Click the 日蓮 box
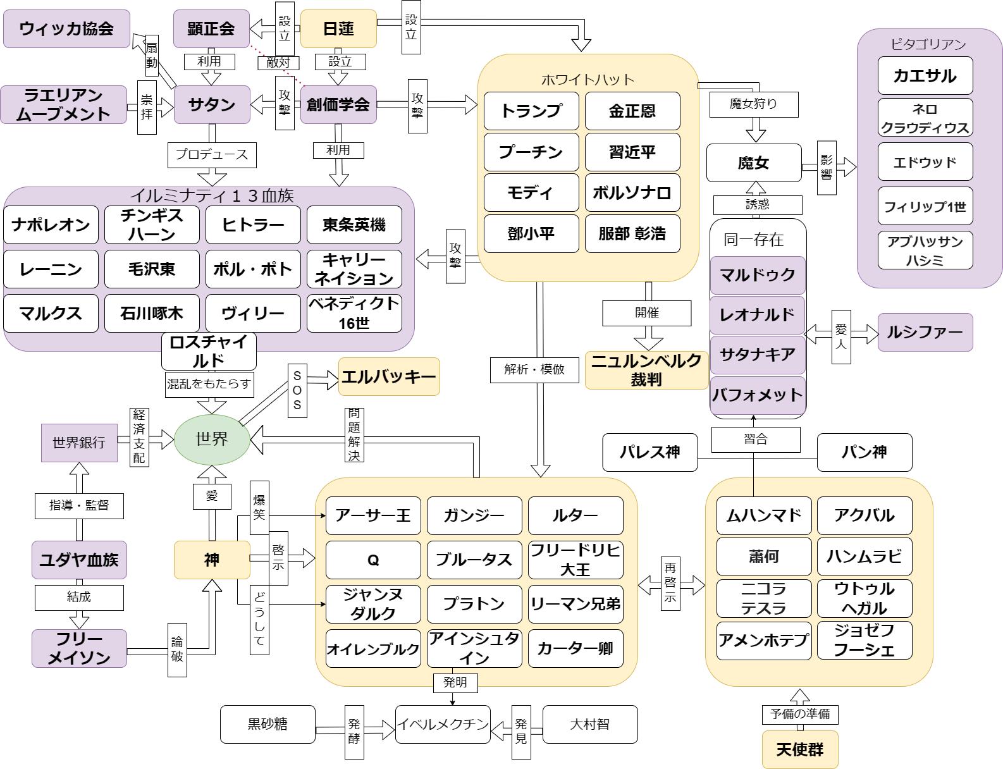pos(338,28)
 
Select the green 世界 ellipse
pos(212,439)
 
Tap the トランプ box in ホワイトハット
pos(531,111)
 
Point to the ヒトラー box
pos(253,225)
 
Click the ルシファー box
pos(925,332)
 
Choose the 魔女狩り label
pos(753,104)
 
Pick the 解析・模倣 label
pos(534,369)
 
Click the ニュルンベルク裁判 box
pos(646,370)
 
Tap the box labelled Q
pos(373,560)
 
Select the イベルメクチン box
pos(443,724)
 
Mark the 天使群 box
pos(799,749)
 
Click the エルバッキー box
pos(389,377)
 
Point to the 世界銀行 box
pos(79,443)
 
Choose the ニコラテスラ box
pos(763,598)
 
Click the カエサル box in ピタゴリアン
pos(925,76)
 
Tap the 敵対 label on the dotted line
pos(278,62)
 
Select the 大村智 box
pos(589,724)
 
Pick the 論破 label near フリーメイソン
pos(177,649)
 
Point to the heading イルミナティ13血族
pos(212,195)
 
